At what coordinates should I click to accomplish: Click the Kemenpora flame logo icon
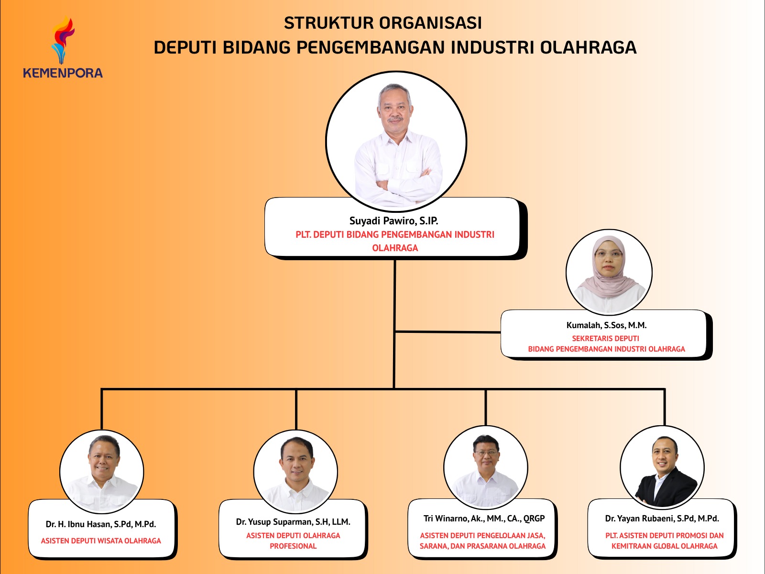(63, 40)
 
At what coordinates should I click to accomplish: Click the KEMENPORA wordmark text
(63, 73)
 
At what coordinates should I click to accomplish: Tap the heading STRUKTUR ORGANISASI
(382, 23)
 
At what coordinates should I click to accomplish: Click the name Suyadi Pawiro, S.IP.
(393, 221)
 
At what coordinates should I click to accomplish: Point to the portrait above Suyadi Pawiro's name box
(396, 141)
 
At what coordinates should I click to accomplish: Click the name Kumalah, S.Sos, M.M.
(606, 325)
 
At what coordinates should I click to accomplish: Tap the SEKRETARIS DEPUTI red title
(605, 338)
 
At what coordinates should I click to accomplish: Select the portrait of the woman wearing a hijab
(609, 272)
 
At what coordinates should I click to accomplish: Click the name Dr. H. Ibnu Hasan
(101, 524)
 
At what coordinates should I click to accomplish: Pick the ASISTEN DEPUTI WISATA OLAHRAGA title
(101, 541)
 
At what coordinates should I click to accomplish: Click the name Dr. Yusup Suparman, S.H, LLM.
(293, 522)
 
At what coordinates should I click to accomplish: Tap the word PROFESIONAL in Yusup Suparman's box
(293, 546)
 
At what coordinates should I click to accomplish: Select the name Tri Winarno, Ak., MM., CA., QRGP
(484, 519)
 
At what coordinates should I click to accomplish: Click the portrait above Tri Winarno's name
(485, 467)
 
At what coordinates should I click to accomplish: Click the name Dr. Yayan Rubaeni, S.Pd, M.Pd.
(662, 519)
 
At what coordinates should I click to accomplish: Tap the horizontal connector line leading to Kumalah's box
(448, 331)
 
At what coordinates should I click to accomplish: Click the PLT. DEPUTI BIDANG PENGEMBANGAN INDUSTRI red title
(395, 235)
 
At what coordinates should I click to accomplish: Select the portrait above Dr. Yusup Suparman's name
(295, 471)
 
